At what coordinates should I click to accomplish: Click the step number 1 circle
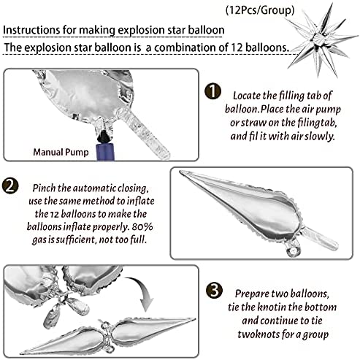pos(212,91)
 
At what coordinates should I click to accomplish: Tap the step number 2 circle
pos(10,186)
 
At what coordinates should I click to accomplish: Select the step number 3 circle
pos(214,290)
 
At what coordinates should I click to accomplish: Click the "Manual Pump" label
pos(61,153)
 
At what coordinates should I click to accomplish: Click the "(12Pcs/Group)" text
pos(260,10)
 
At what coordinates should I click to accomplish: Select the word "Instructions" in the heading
pos(31,30)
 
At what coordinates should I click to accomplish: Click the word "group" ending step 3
pos(315,334)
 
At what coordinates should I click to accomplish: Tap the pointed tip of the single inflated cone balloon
pos(180,172)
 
